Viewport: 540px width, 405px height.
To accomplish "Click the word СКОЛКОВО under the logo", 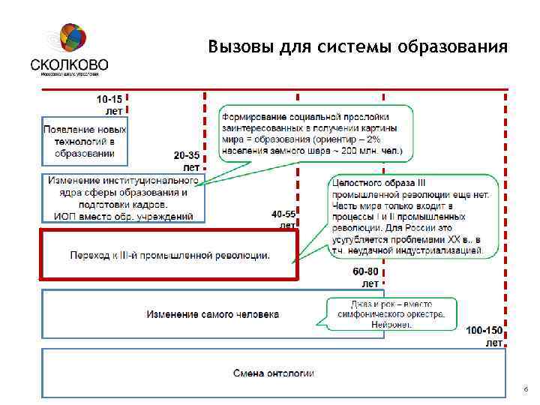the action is coord(70,64).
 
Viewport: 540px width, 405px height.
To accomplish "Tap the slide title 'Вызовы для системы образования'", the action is coord(358,47).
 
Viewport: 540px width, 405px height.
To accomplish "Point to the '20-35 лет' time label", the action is coord(187,160).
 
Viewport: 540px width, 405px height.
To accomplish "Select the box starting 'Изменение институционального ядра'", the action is coord(123,198).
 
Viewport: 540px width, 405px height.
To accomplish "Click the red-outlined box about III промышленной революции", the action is coord(169,255).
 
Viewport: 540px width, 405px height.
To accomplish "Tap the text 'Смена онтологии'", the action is coord(273,373).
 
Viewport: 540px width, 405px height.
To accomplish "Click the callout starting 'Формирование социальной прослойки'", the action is coord(316,133).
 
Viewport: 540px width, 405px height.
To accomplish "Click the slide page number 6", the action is coord(526,390).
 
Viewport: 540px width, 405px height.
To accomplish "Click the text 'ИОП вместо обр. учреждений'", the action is coord(123,217).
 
